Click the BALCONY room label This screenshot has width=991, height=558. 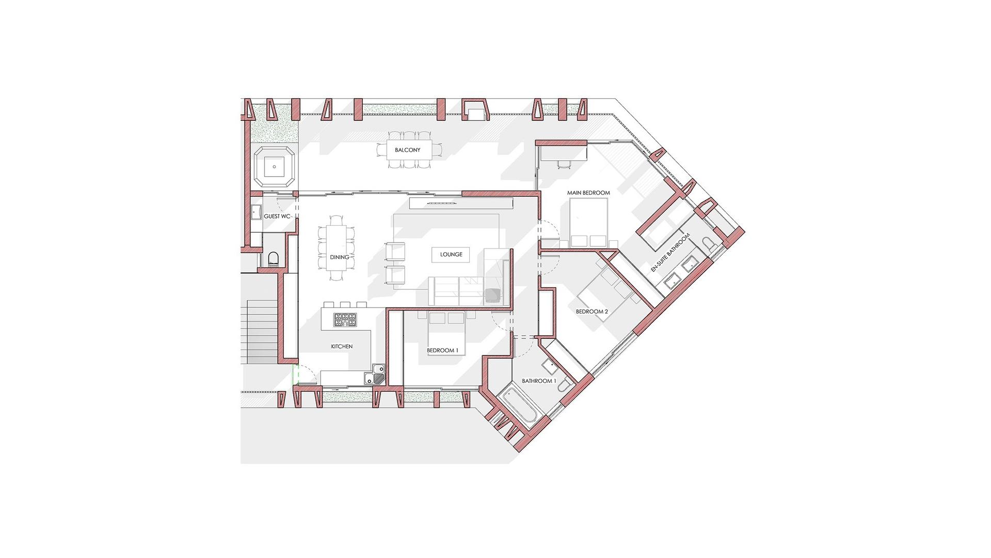tap(407, 150)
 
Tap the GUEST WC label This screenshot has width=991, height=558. tap(278, 216)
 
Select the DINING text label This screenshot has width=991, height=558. tap(340, 257)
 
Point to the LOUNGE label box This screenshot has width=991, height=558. tap(451, 254)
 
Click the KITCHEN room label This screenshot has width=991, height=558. tap(342, 347)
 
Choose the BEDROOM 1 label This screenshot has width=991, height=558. tap(443, 351)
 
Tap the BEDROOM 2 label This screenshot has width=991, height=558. tap(592, 312)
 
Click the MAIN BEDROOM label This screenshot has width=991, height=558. tap(588, 193)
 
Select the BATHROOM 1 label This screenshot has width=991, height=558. tap(539, 381)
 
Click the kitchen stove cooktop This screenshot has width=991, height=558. tap(345, 320)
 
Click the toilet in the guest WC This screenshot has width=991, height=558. tap(274, 258)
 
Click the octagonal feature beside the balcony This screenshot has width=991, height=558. tap(274, 166)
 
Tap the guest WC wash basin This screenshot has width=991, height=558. tap(255, 211)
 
